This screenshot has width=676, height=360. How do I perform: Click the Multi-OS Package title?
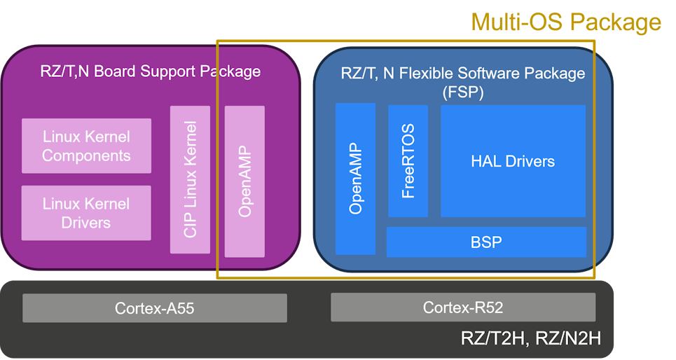click(565, 22)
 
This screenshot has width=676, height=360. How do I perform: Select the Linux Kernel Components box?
click(86, 146)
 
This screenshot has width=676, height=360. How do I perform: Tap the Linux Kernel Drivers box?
click(86, 213)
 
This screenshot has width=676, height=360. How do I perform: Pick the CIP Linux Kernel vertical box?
click(190, 179)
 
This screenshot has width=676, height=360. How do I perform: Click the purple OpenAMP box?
click(244, 181)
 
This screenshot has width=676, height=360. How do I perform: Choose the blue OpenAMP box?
click(355, 179)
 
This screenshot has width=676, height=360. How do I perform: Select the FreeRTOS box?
click(408, 161)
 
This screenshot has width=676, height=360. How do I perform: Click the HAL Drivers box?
click(513, 161)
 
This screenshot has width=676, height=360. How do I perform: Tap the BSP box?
click(486, 242)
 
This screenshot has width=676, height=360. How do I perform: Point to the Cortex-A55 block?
click(155, 307)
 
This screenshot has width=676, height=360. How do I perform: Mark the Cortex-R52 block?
click(463, 307)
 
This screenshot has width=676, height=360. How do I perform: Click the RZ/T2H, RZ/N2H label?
click(530, 338)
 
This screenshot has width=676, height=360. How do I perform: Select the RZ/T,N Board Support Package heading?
click(151, 71)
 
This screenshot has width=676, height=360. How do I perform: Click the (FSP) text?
click(463, 91)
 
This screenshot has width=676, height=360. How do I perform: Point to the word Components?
click(86, 155)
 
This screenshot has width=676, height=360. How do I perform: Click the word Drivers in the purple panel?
click(86, 223)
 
